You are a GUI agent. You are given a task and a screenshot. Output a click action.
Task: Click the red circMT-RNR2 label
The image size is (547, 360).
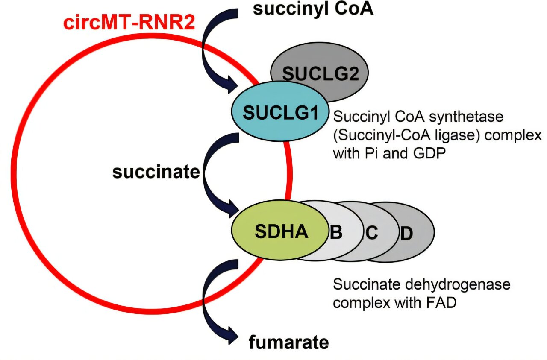point(129,22)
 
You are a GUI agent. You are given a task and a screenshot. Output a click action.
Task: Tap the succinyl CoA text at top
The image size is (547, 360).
point(313,9)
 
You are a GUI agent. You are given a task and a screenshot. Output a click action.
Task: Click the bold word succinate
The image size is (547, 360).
point(156,172)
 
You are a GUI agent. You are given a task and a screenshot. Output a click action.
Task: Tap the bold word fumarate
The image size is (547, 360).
point(289,342)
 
